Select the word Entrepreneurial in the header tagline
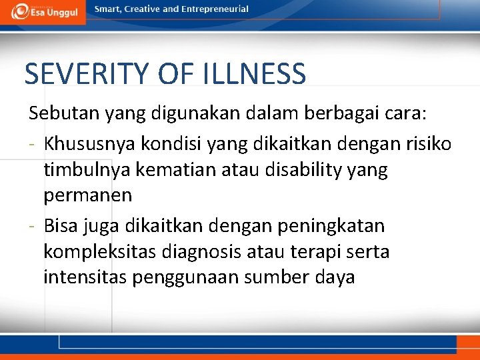pos(216,9)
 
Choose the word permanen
pos(87,197)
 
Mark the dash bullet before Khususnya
pos(33,144)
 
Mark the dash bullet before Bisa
pos(33,227)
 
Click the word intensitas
pos(85,277)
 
